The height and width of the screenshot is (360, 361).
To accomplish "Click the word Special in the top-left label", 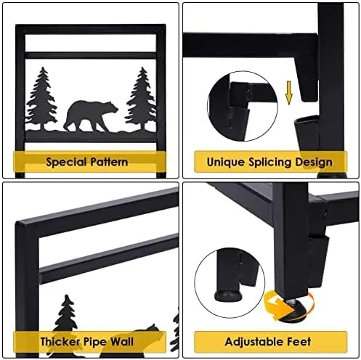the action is click(66, 162).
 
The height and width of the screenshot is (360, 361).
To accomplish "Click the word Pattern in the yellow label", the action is click(109, 162).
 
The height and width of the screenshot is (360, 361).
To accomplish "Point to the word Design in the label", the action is click(314, 163).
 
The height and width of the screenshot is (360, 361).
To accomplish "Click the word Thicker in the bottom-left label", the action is click(60, 342).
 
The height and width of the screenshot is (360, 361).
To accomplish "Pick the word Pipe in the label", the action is click(95, 342).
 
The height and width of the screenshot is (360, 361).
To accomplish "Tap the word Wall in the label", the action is click(122, 342).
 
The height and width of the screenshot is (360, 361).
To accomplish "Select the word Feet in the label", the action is click(299, 342).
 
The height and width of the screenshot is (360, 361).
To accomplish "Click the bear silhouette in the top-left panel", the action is click(91, 116).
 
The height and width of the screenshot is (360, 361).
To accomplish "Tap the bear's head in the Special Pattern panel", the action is click(111, 107).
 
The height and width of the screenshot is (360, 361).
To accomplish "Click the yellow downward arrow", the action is click(289, 93).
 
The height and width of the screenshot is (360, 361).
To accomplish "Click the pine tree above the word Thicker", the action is click(66, 314).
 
